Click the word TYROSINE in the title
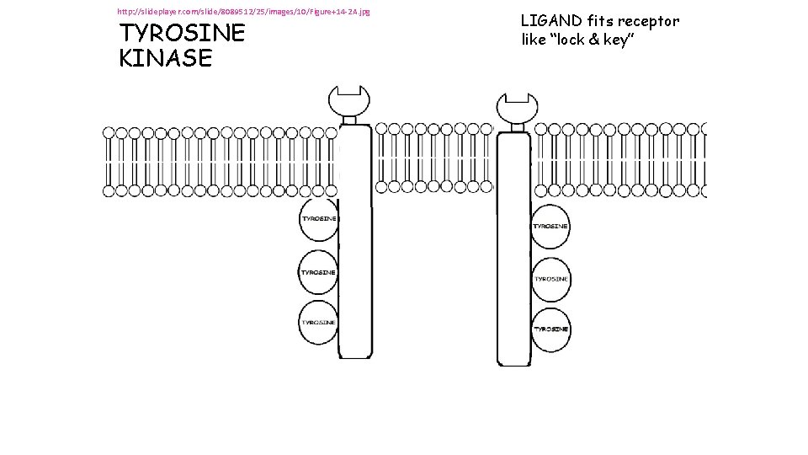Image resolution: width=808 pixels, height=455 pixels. tap(182, 33)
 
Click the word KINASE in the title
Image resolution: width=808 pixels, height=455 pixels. tap(166, 58)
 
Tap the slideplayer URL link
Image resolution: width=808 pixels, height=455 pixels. tap(243, 11)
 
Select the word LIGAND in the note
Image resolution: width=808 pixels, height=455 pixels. tap(550, 20)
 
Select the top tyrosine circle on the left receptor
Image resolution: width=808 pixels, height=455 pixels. tap(318, 219)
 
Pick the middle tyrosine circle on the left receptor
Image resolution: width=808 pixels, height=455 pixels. tap(318, 272)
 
